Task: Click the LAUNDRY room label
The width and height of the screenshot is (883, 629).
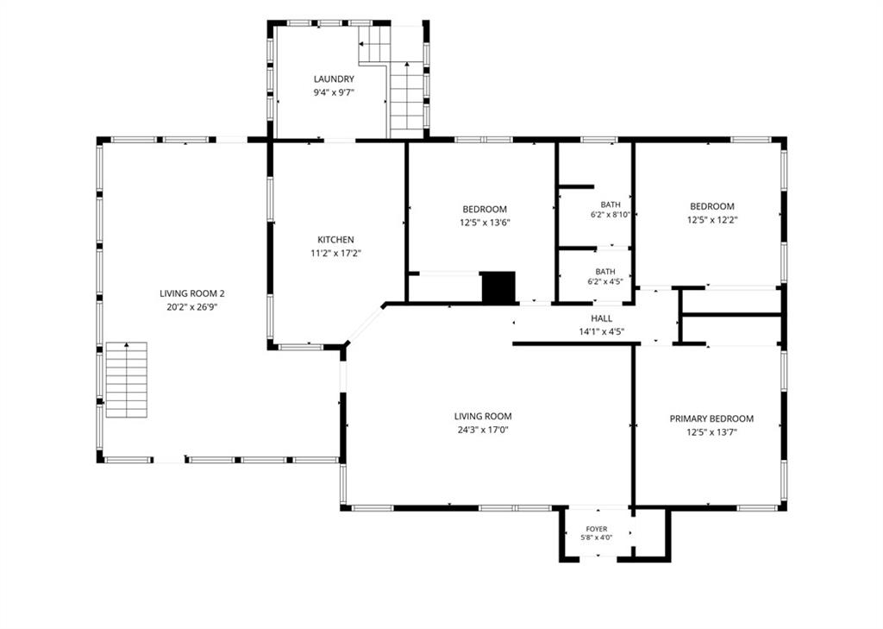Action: click(334, 79)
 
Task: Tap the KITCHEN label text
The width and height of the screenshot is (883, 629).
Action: click(335, 240)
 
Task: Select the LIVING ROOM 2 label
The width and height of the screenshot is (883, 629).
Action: click(192, 293)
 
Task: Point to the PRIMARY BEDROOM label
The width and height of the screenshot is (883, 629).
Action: click(711, 418)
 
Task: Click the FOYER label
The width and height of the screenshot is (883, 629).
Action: click(597, 529)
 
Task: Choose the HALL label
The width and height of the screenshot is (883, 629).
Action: click(601, 318)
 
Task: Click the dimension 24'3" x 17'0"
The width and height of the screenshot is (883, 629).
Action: click(483, 430)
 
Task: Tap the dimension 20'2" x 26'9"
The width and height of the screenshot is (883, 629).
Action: click(192, 308)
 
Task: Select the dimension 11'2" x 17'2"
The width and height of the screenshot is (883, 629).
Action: click(335, 254)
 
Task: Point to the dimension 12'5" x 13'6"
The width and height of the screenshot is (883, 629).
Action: click(485, 223)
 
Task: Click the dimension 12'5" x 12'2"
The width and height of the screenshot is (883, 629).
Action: click(712, 220)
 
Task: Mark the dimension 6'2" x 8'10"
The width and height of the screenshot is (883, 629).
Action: click(611, 215)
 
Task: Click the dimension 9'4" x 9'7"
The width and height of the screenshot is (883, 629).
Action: click(334, 93)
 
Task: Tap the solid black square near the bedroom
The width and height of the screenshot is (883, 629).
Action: click(498, 287)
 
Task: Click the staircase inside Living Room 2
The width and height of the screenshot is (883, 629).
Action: click(127, 380)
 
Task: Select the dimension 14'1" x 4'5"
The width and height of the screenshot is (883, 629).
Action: click(601, 332)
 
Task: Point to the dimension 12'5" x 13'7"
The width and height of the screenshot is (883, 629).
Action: click(711, 433)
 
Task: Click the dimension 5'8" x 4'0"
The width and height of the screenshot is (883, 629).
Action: click(597, 538)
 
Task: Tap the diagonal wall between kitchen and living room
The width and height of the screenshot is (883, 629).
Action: click(365, 324)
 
